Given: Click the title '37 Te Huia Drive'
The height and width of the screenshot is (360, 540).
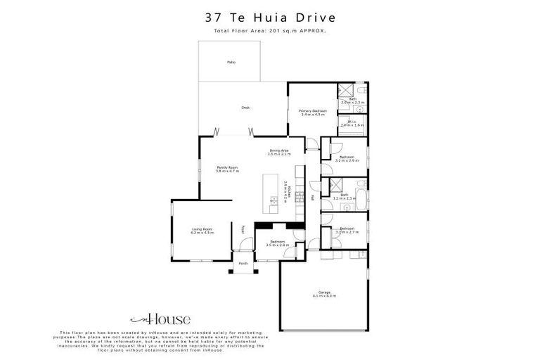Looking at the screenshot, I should click(x=270, y=18).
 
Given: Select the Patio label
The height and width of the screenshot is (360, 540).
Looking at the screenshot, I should click(x=231, y=63).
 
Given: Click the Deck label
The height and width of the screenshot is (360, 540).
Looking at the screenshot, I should click(x=245, y=108).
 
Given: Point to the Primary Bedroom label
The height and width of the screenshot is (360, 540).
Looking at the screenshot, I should click(x=312, y=111).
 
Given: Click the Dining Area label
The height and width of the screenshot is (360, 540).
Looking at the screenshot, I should click(x=279, y=150).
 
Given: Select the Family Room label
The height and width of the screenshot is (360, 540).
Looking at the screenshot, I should click(x=227, y=168).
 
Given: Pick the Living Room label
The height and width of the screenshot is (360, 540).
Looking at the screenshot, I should click(x=202, y=229).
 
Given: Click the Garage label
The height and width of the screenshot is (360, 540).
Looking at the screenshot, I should click(x=324, y=293).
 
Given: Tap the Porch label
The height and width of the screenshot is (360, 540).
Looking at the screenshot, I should click(x=243, y=264).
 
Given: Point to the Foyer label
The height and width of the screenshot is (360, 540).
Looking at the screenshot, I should click(x=243, y=229).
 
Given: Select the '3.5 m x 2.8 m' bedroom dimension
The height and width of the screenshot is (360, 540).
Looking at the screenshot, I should click(x=279, y=245).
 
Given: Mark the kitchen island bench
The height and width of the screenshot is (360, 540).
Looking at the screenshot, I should click(x=272, y=191).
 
